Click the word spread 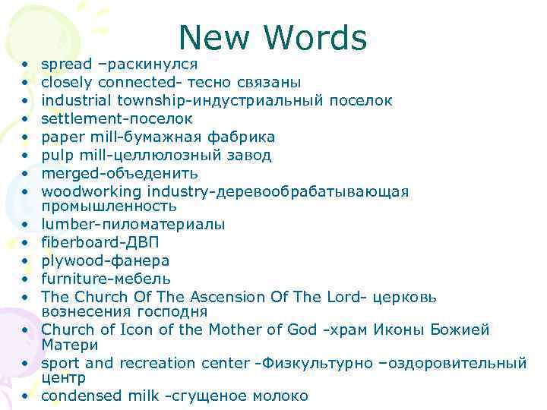(x=67, y=64)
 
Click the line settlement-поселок (x=117, y=118)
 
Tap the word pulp (x=56, y=155)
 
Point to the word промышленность (x=109, y=206)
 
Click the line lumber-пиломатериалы (x=133, y=224)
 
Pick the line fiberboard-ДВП (x=100, y=242)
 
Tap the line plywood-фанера (x=105, y=260)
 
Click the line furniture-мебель (x=106, y=279)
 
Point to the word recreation (x=160, y=363)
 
